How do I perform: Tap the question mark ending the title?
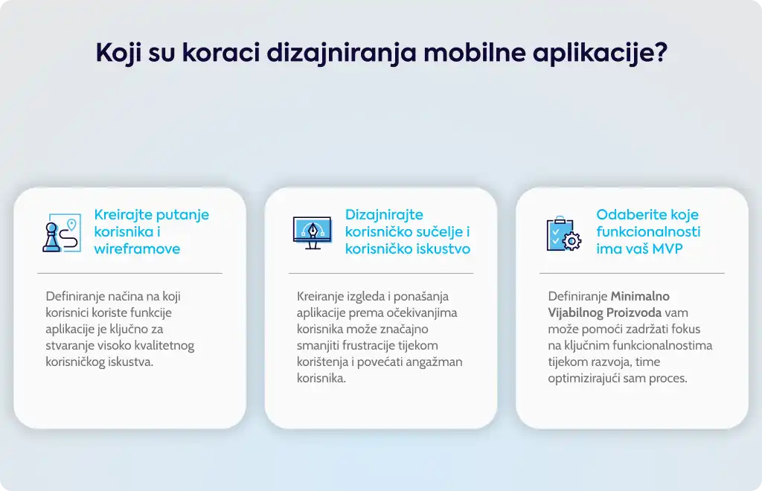(x=661, y=52)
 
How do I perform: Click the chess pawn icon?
(x=51, y=237)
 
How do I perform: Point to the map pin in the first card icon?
(x=72, y=225)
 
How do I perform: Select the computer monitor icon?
(x=312, y=233)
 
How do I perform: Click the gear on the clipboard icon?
(x=572, y=241)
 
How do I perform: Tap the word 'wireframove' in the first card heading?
(x=137, y=248)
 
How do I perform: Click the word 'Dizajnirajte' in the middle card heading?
(x=384, y=215)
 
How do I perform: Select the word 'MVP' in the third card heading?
(x=667, y=248)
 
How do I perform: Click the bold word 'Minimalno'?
(x=640, y=296)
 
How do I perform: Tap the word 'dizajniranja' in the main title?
(x=341, y=53)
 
